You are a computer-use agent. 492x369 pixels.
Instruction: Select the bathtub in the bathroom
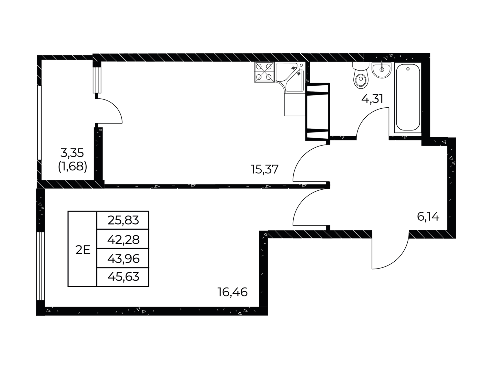408,98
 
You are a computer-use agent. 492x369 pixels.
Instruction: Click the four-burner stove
264,72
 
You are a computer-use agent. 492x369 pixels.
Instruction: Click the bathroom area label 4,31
372,98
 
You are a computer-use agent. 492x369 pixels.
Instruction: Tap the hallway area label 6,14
428,217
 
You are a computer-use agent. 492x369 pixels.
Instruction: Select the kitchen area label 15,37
265,169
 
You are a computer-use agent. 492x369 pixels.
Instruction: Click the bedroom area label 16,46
232,292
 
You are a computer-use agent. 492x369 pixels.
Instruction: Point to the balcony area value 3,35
72,153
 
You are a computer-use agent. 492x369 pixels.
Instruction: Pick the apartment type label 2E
83,250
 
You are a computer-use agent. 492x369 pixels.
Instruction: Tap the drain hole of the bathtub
408,69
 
